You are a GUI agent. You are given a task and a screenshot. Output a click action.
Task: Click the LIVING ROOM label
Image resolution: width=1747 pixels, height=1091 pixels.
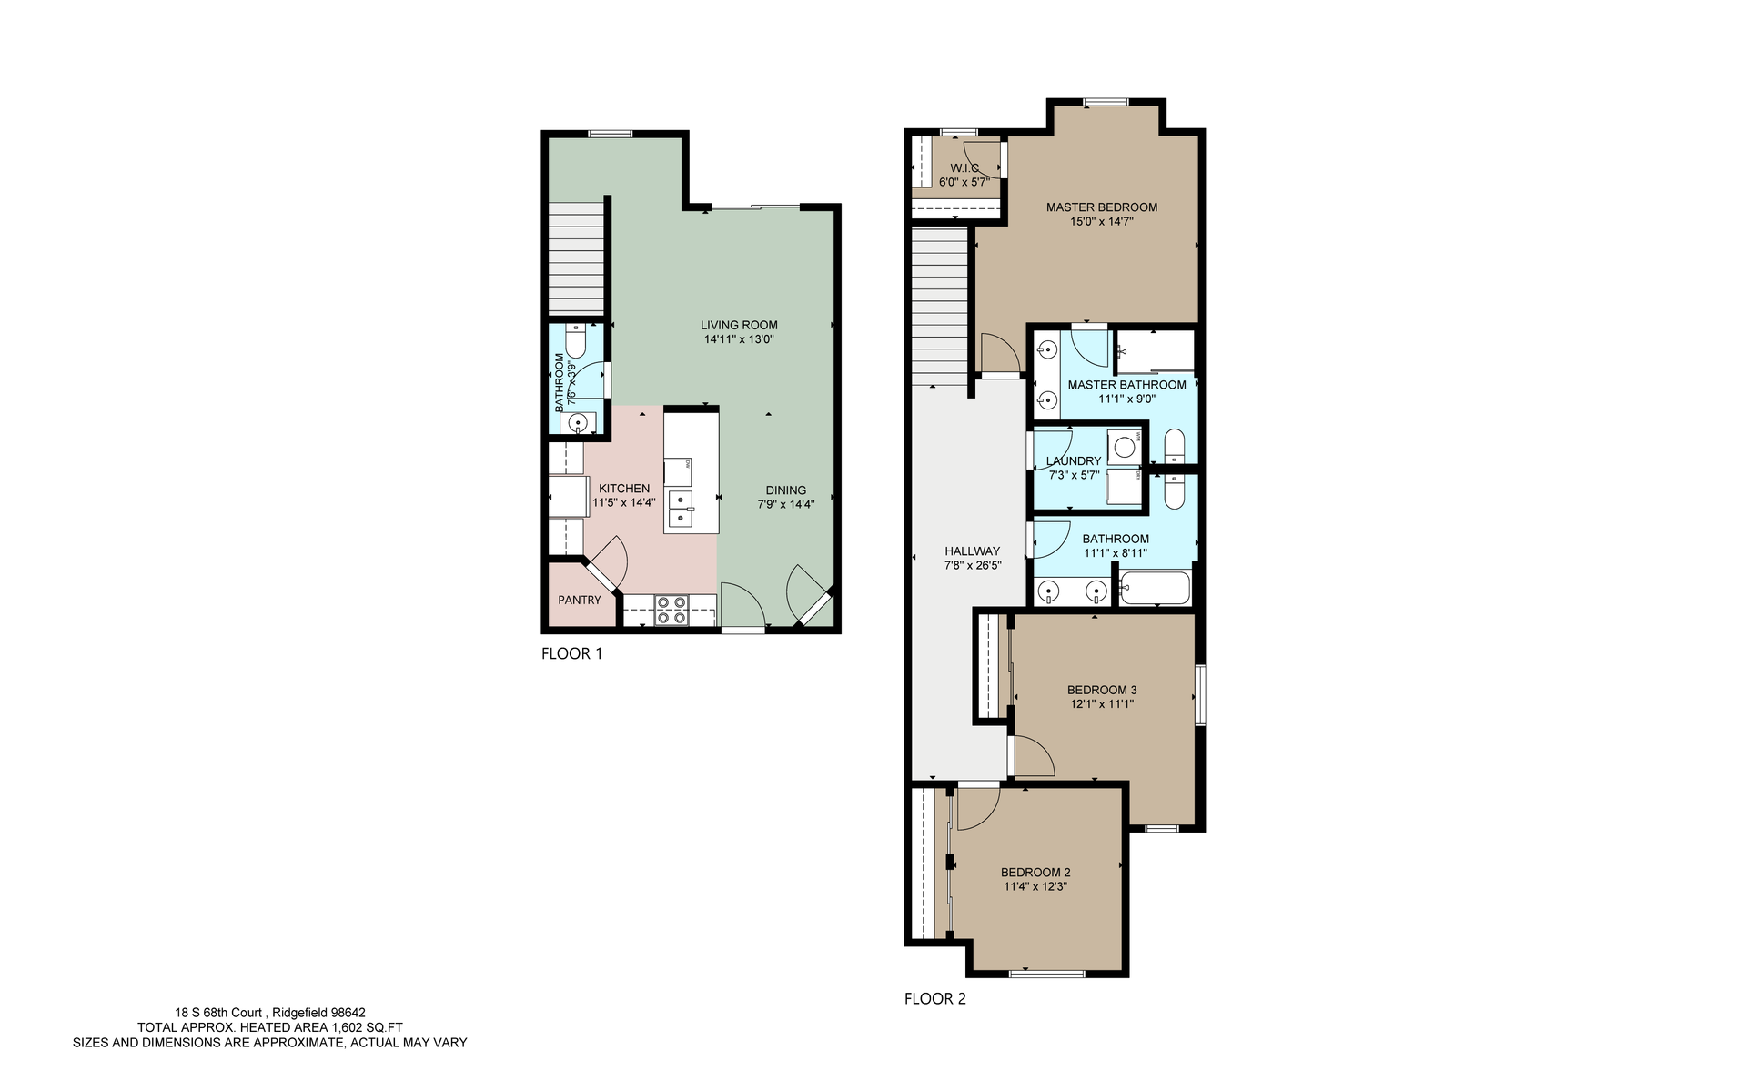pyautogui.click(x=738, y=325)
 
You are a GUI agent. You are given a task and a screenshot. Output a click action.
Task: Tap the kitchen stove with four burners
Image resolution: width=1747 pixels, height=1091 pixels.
pyautogui.click(x=672, y=609)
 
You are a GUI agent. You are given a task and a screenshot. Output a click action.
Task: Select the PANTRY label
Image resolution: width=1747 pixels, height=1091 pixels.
pyautogui.click(x=580, y=600)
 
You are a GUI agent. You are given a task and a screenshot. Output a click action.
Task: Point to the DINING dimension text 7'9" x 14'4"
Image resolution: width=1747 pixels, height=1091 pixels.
pyautogui.click(x=785, y=504)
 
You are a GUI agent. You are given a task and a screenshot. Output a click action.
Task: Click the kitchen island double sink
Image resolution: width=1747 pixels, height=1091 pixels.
pyautogui.click(x=680, y=509)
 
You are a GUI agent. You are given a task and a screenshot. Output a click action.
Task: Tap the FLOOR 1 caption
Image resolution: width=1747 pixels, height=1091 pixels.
pyautogui.click(x=571, y=653)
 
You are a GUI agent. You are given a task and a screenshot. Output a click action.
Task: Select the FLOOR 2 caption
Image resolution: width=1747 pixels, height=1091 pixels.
pyautogui.click(x=934, y=998)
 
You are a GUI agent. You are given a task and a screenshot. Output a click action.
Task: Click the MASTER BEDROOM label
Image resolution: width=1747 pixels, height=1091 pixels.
pyautogui.click(x=1101, y=207)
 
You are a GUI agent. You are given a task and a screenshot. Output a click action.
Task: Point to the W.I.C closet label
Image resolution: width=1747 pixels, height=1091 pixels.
pyautogui.click(x=964, y=168)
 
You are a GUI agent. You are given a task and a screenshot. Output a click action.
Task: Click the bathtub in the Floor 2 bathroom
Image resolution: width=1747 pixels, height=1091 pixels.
pyautogui.click(x=1155, y=589)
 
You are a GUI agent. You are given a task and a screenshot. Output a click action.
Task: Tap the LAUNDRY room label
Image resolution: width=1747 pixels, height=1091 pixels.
pyautogui.click(x=1074, y=460)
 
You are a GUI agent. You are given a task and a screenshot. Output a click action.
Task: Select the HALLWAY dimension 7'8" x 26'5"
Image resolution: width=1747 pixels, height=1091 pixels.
pyautogui.click(x=972, y=565)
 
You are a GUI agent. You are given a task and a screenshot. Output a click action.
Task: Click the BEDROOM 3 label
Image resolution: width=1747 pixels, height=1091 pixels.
pyautogui.click(x=1102, y=690)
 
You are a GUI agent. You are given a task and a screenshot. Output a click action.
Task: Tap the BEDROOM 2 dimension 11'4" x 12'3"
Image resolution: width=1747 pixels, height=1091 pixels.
pyautogui.click(x=1035, y=886)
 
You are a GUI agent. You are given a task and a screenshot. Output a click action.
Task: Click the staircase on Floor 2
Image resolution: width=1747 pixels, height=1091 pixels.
pyautogui.click(x=939, y=305)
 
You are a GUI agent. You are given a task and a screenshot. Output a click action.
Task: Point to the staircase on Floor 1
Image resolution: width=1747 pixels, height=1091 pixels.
pyautogui.click(x=577, y=258)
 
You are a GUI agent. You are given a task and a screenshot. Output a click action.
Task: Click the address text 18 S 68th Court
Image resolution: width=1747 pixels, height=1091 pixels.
pyautogui.click(x=218, y=1012)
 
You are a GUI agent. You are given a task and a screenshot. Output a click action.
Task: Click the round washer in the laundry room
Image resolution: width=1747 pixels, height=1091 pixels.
pyautogui.click(x=1126, y=447)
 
